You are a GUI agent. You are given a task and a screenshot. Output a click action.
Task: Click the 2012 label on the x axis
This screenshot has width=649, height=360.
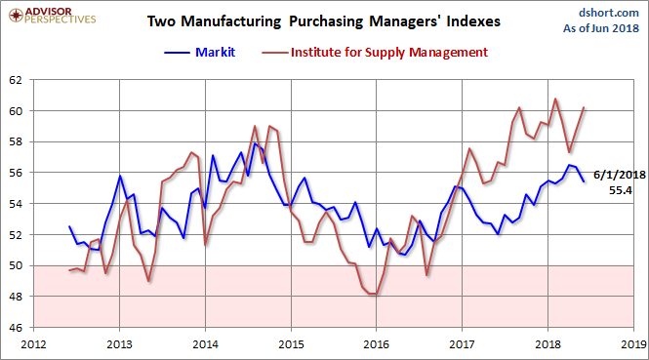click(33, 344)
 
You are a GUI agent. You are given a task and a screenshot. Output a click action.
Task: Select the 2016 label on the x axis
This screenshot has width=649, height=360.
click(376, 344)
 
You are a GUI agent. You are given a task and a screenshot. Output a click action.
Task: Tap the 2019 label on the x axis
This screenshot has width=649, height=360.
click(632, 344)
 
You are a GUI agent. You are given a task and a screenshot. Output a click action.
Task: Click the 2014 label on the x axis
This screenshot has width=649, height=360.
click(205, 344)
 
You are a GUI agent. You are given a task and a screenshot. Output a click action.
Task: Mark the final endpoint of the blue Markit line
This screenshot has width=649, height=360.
click(584, 181)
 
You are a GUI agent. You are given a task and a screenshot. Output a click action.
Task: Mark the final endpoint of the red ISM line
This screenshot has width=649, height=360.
click(584, 107)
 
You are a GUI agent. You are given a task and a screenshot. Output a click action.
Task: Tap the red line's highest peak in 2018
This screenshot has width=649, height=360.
click(555, 99)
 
